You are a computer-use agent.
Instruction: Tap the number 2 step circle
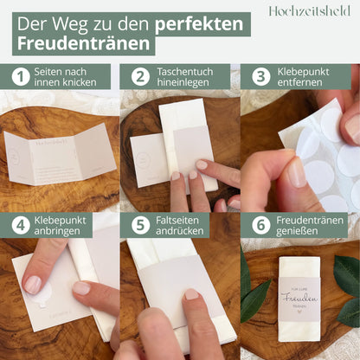[140, 77]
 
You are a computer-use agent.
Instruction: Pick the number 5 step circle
[140, 225]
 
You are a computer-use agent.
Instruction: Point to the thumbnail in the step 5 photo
[190, 294]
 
